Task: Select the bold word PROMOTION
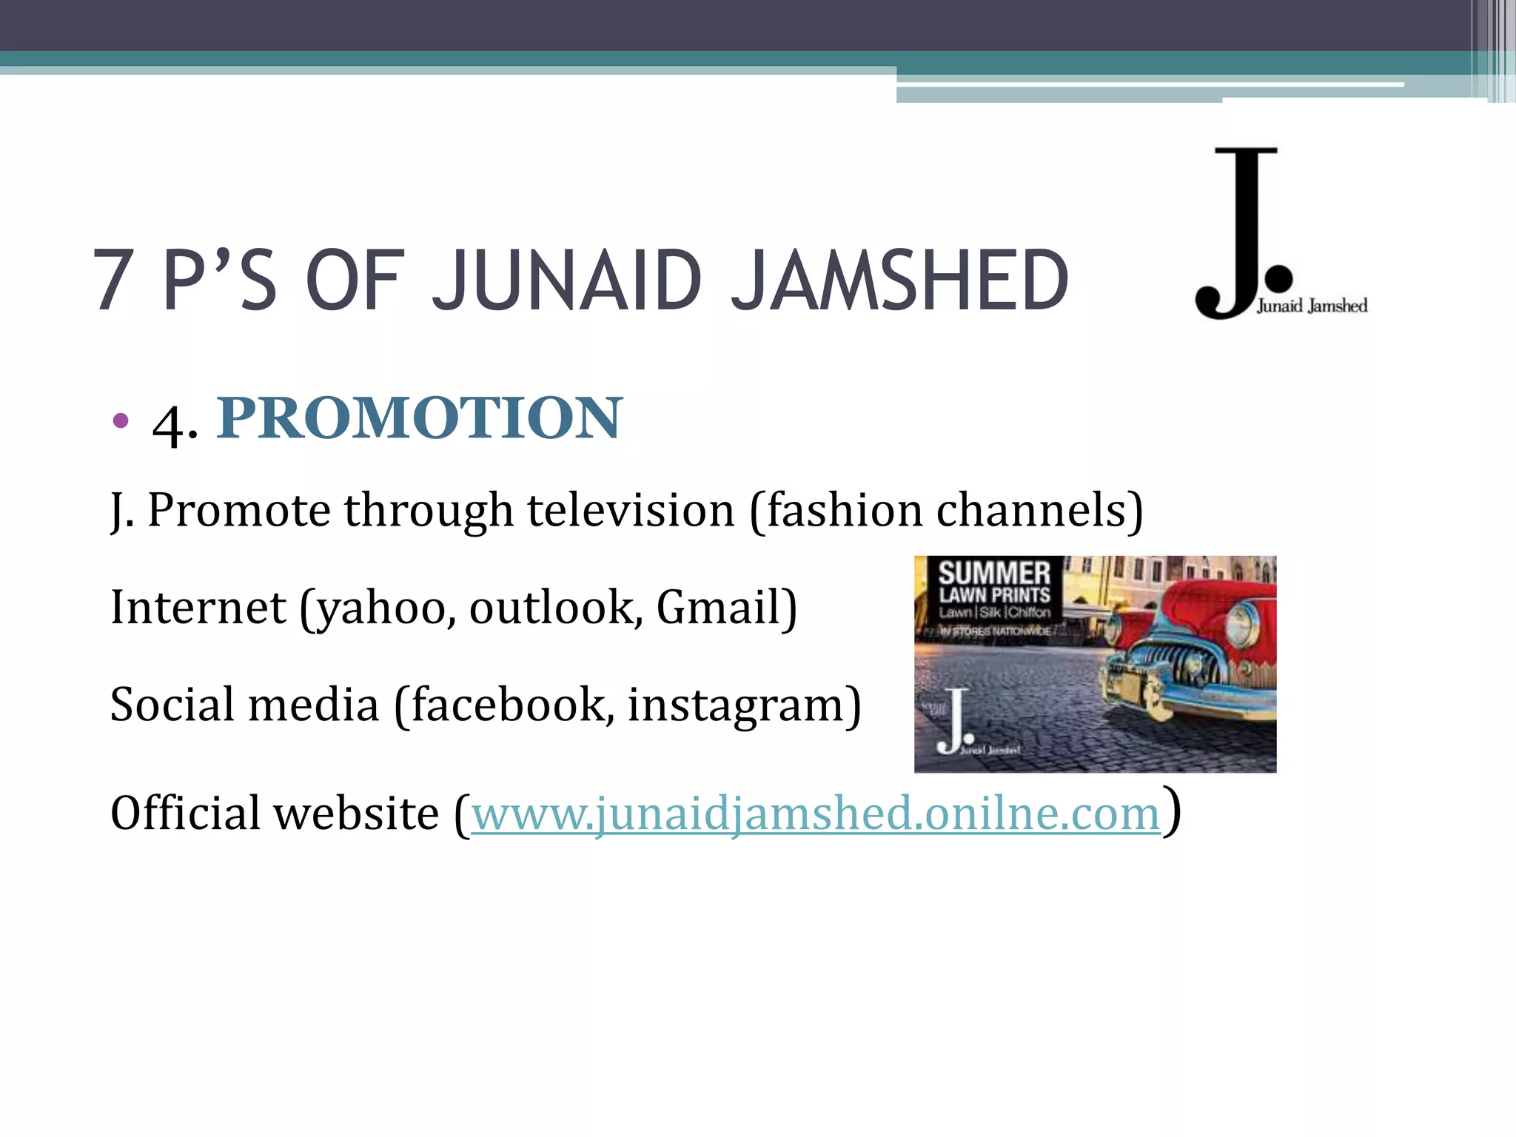(x=420, y=418)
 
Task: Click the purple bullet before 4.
(x=120, y=421)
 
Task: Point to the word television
(x=631, y=511)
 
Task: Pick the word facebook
(x=507, y=704)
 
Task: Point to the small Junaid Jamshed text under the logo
(x=1312, y=306)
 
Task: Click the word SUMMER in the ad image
(x=994, y=573)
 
